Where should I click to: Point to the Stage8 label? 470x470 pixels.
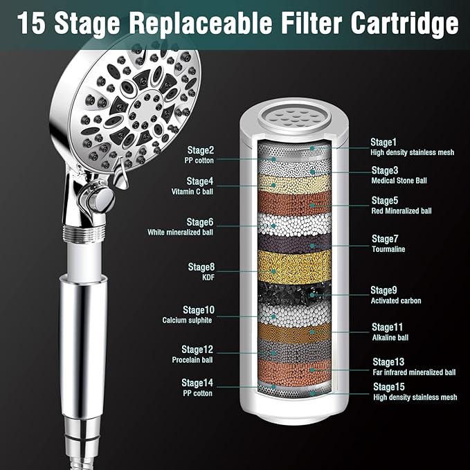201,266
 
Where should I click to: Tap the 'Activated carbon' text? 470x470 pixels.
396,301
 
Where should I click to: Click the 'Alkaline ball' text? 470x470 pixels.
390,337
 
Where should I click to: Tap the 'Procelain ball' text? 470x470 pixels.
193,359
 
